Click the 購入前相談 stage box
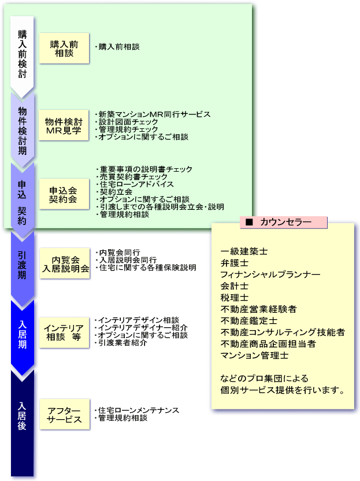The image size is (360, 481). (x=64, y=48)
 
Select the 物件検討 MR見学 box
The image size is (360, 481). (x=64, y=125)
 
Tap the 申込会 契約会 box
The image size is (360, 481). (x=64, y=195)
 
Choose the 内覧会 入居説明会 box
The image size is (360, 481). (x=65, y=264)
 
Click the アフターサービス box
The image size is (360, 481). (x=64, y=415)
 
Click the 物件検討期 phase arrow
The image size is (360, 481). (x=23, y=128)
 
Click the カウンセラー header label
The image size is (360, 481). (x=283, y=222)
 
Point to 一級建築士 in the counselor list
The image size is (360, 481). (x=244, y=252)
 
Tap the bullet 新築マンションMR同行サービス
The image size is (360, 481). (x=154, y=114)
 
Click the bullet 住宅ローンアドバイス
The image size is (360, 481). (x=136, y=184)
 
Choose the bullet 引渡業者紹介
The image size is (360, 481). (x=122, y=343)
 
